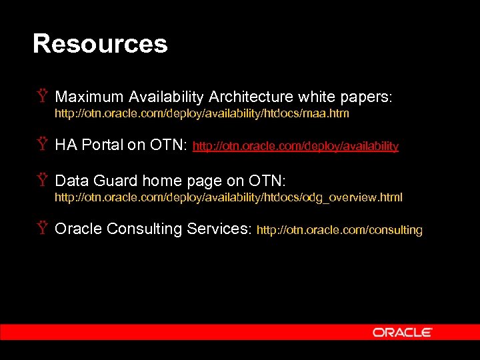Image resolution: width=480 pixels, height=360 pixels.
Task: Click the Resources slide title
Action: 100,44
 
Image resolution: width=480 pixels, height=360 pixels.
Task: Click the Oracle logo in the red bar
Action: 402,332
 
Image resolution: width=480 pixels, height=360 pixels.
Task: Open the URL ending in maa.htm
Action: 201,114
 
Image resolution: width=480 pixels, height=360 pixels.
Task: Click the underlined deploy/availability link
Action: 295,146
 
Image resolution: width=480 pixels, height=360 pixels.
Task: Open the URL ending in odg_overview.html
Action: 228,198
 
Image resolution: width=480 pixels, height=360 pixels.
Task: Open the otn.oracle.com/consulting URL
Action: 339,231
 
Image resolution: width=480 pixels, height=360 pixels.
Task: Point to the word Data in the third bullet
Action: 71,181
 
